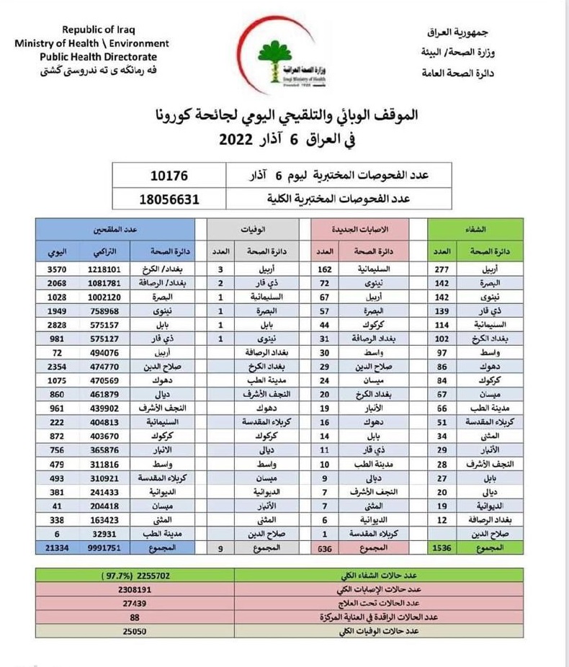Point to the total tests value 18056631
[x=170, y=199]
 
